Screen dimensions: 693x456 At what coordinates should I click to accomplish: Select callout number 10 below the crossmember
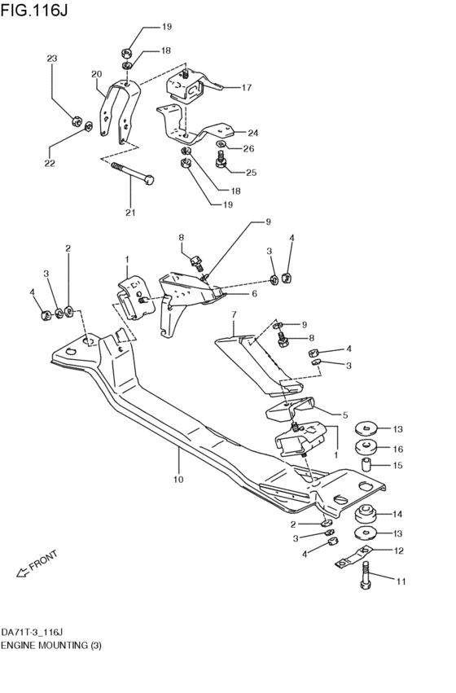coord(178,480)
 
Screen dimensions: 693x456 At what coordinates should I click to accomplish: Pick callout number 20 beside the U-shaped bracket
coord(96,74)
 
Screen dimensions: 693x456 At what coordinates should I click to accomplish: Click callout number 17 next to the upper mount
coord(246,87)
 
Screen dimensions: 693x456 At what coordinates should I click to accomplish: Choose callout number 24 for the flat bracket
coord(252,132)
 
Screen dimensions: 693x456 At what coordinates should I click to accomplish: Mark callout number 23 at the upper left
coord(52,59)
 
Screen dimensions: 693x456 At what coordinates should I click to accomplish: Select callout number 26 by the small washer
coord(248,148)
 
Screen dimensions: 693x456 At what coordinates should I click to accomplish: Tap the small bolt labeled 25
coord(221,163)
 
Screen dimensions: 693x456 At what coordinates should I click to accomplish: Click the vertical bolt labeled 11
coord(365,581)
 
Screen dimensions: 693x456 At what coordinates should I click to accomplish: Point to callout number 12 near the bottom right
coord(398,550)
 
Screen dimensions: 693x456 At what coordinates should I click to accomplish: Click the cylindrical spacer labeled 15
coord(366,466)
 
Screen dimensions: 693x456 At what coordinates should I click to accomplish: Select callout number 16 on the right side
coord(398,448)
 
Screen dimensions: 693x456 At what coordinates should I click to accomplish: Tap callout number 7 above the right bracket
coord(234,314)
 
